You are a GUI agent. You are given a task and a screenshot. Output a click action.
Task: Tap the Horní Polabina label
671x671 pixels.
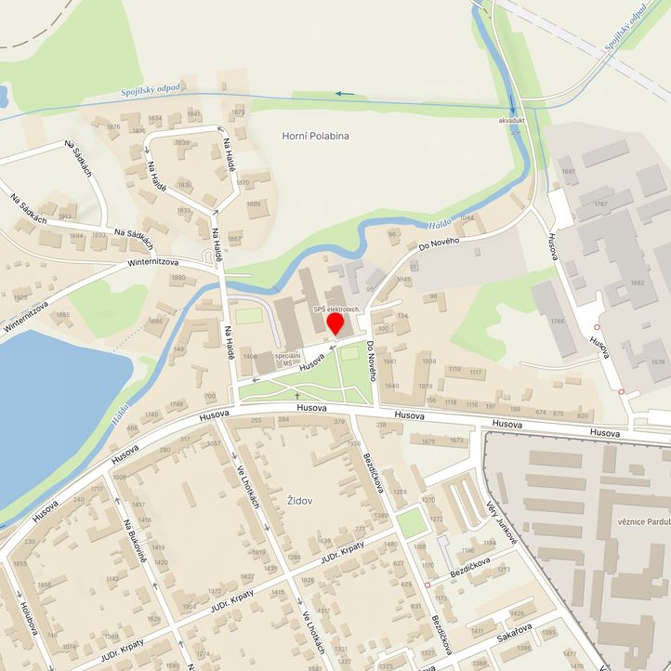pyautogui.click(x=315, y=136)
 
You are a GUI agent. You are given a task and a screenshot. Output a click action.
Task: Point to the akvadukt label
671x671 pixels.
pyautogui.click(x=512, y=121)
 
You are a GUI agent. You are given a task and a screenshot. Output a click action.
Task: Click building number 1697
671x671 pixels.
pyautogui.click(x=569, y=172)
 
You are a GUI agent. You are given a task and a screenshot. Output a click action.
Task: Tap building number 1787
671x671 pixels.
pyautogui.click(x=600, y=204)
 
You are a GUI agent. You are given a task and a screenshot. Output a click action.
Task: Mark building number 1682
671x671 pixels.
pyautogui.click(x=637, y=283)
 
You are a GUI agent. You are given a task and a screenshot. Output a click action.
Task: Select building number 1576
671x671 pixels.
pyautogui.click(x=658, y=362)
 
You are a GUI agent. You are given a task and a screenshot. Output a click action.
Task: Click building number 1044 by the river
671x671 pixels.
pyautogui.click(x=467, y=217)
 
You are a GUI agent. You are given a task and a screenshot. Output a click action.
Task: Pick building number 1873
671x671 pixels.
pyautogui.click(x=238, y=112)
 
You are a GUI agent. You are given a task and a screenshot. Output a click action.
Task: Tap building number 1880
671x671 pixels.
pyautogui.click(x=178, y=277)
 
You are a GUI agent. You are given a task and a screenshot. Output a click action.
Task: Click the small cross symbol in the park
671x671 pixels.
pyautogui.click(x=297, y=395)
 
